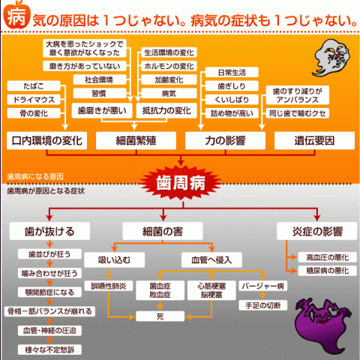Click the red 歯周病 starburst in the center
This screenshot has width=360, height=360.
pos(181,182)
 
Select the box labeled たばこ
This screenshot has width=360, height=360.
pos(34,86)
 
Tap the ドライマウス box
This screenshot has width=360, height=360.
pos(34,100)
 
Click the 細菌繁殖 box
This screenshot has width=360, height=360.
pos(136,140)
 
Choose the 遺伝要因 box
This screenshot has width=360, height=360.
pos(314,140)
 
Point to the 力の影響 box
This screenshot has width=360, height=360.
pos(225,140)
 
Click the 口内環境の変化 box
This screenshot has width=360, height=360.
pos(46,140)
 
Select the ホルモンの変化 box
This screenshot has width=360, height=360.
pos(169,66)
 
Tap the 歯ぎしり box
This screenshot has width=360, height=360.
pos(232,86)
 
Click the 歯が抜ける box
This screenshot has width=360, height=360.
pos(49,231)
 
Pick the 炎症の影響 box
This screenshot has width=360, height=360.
pos(317,231)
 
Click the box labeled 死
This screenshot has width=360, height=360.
pos(160,316)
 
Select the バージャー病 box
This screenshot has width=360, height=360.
pos(263,286)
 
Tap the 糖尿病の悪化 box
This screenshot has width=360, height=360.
pos(328,271)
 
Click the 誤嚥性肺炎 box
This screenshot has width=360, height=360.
pos(109,286)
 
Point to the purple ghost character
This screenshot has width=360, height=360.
pos(322,325)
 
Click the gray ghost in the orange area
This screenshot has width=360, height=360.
pos(331,58)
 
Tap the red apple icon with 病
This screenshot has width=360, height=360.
pos(16,15)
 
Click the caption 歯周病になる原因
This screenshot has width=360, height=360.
pos(35,177)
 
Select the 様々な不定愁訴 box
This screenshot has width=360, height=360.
pos(49,349)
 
